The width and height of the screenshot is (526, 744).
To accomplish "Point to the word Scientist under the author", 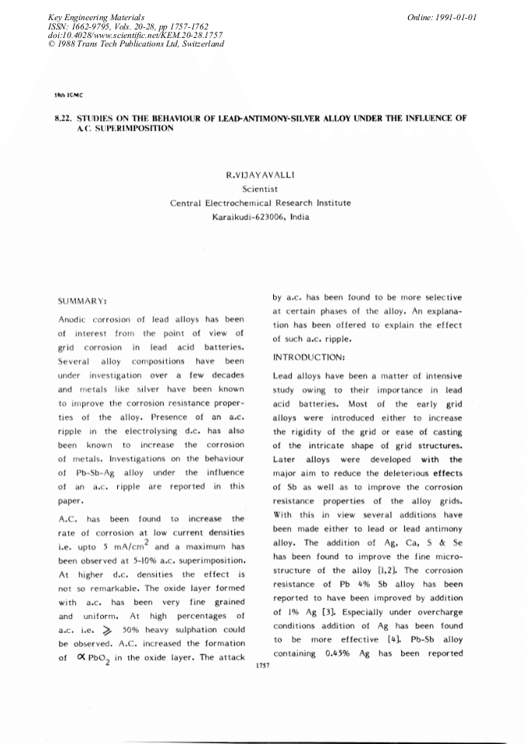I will click(261, 189).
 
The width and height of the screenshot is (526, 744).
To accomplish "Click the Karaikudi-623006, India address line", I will click(261, 216).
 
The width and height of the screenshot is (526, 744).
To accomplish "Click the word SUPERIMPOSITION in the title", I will click(126, 128).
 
